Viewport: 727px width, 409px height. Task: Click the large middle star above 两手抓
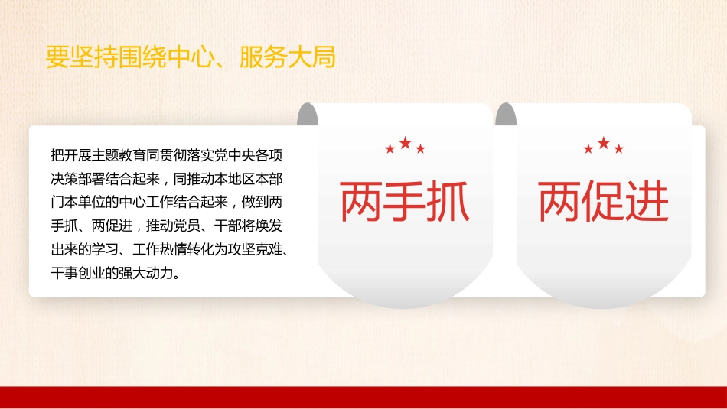tap(405, 143)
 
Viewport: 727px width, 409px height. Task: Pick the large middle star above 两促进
tap(604, 143)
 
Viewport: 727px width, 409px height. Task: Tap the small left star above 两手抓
tap(390, 149)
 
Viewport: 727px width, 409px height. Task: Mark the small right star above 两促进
tap(619, 149)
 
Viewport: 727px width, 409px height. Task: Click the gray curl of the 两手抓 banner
tap(308, 115)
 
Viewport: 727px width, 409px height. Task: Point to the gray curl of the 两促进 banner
tap(506, 115)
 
